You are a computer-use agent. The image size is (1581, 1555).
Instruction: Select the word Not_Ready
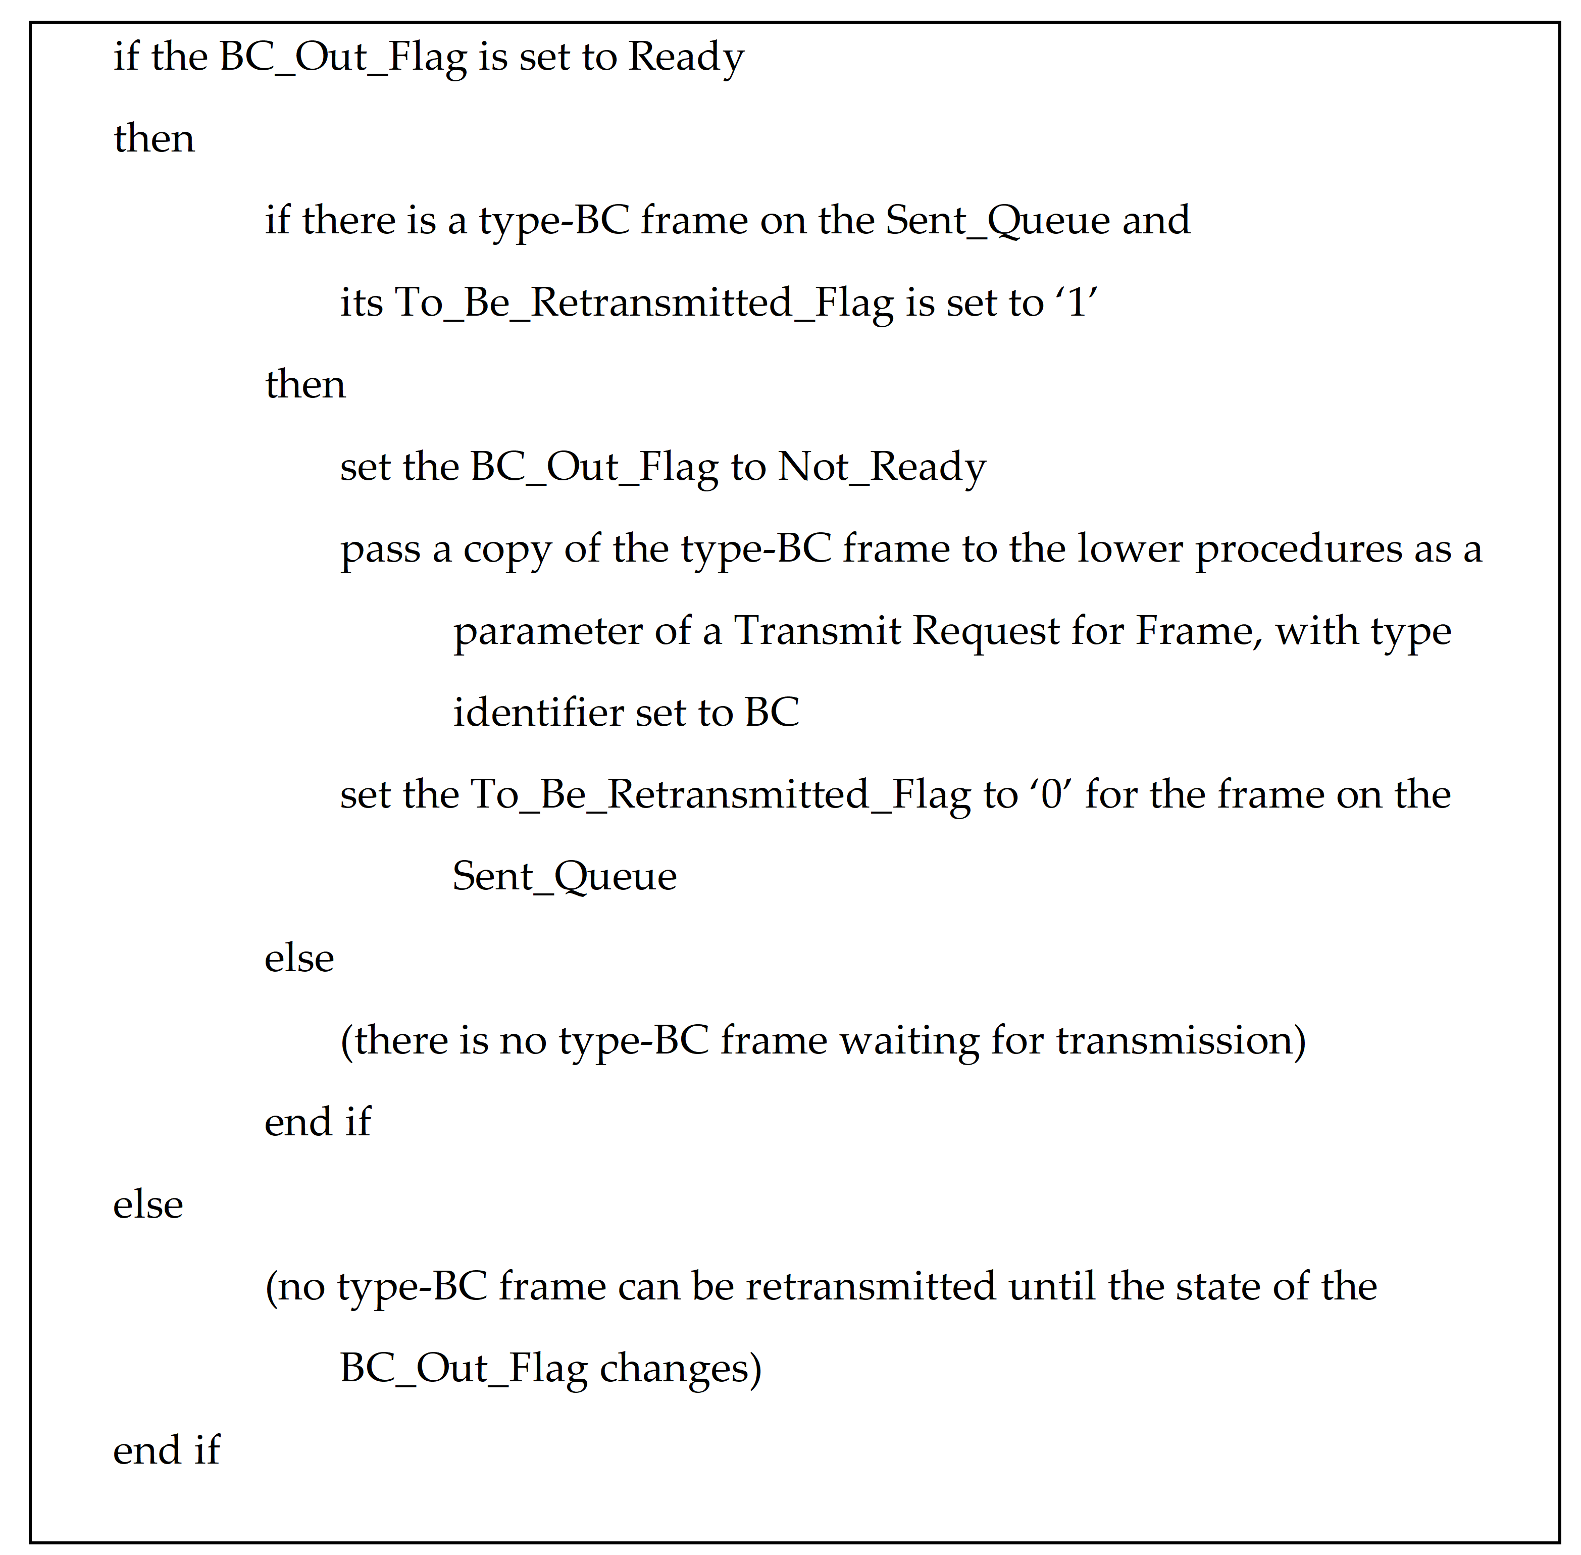882,467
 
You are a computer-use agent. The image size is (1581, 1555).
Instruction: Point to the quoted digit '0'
1050,794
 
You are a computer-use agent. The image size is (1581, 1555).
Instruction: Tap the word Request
986,631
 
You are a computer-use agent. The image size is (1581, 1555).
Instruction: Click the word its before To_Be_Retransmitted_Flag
361,303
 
